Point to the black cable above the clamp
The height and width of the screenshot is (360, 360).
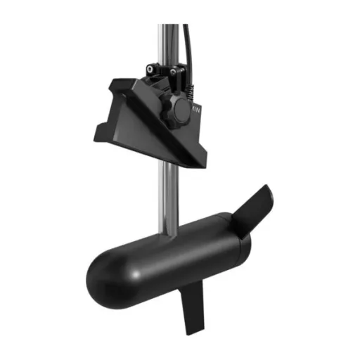click(187, 42)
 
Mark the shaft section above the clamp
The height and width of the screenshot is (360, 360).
click(168, 42)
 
